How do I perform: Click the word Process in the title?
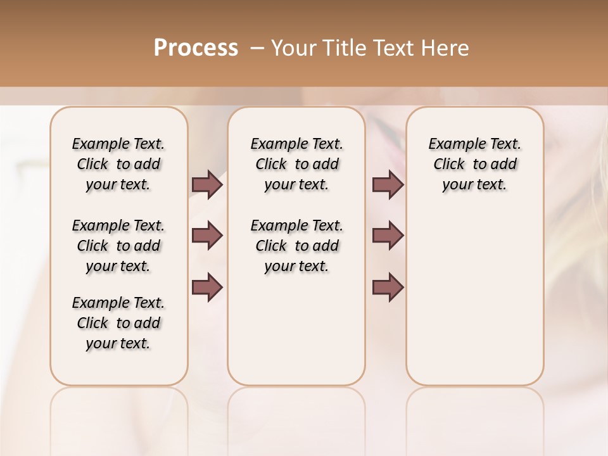click(196, 48)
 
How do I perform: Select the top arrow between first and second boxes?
click(207, 185)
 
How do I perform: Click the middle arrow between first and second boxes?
click(207, 236)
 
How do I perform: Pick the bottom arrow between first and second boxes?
click(207, 288)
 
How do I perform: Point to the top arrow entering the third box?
click(388, 185)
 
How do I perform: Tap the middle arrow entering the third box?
click(388, 236)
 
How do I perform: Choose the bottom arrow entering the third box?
click(388, 288)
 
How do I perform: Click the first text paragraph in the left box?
click(118, 164)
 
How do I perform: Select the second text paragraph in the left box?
click(118, 246)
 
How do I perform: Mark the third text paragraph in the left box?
click(118, 323)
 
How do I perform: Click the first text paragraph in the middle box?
click(296, 164)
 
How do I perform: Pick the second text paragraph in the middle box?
click(296, 246)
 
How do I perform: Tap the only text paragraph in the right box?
click(474, 164)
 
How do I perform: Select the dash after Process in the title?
click(256, 48)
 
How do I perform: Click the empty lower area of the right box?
click(474, 304)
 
